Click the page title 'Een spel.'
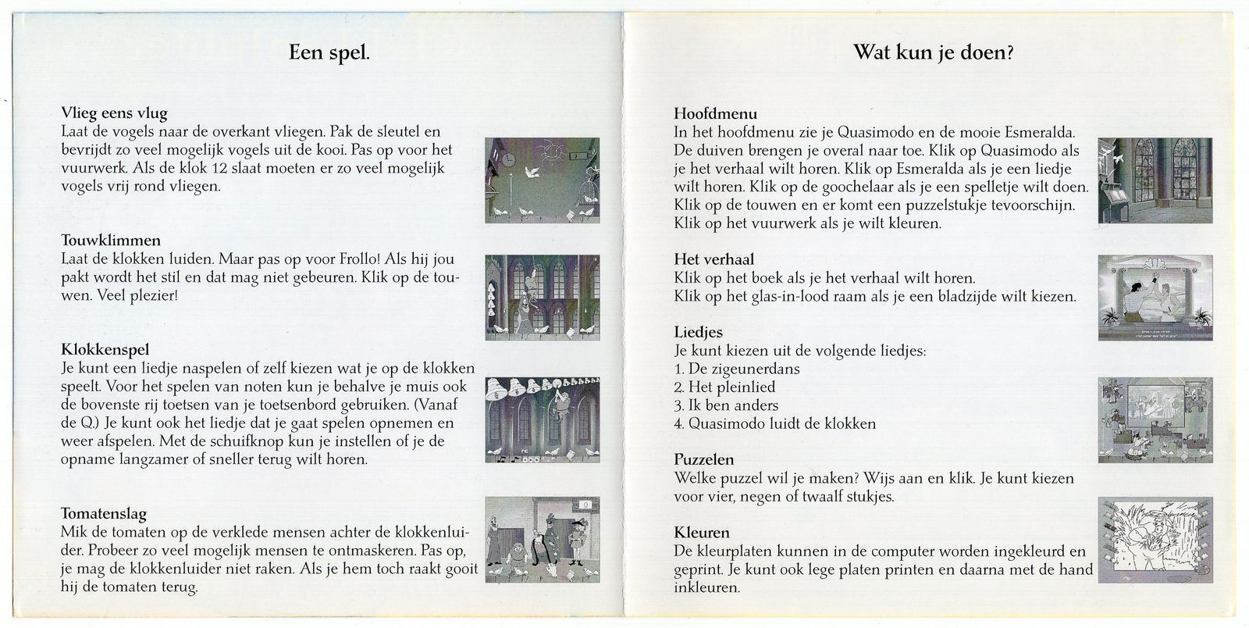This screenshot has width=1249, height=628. [x=329, y=53]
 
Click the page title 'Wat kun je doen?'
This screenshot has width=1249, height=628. [x=934, y=53]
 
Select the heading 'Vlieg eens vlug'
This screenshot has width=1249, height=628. [x=113, y=113]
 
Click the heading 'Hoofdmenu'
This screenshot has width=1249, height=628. [x=715, y=113]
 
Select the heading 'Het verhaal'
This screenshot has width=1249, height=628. [x=713, y=259]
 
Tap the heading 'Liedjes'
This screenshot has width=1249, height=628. [x=698, y=332]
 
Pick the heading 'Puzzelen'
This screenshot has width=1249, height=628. [x=703, y=459]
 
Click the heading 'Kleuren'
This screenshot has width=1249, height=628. [x=701, y=533]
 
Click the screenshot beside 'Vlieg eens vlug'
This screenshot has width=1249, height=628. [x=543, y=180]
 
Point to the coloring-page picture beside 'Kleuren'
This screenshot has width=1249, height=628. [x=1155, y=540]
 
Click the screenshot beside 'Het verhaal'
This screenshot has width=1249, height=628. [x=1155, y=298]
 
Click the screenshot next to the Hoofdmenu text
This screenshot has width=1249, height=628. [x=1155, y=180]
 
